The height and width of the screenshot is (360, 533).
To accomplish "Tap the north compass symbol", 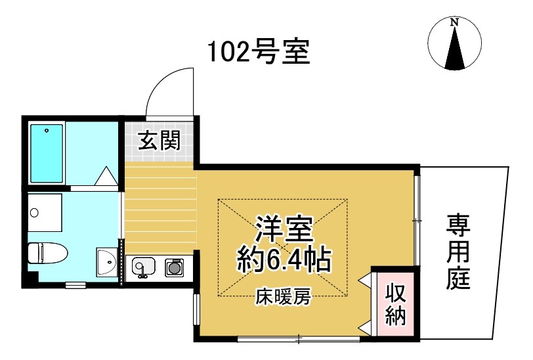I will tap(454, 43).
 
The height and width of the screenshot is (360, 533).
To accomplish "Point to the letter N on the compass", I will tap(454, 22).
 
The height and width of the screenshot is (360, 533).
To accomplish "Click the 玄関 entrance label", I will tap(159, 141).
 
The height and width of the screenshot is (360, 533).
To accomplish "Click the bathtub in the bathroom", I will tap(47, 153).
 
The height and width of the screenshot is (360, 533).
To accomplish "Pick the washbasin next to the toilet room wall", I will tap(105, 264).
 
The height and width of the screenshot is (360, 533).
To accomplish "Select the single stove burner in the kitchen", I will tap(174, 267).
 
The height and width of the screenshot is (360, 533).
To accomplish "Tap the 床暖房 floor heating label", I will tap(283, 298).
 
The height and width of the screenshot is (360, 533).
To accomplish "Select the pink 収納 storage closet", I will tap(394, 304).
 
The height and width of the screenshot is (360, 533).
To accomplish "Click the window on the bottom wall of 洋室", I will tap(299, 339).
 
